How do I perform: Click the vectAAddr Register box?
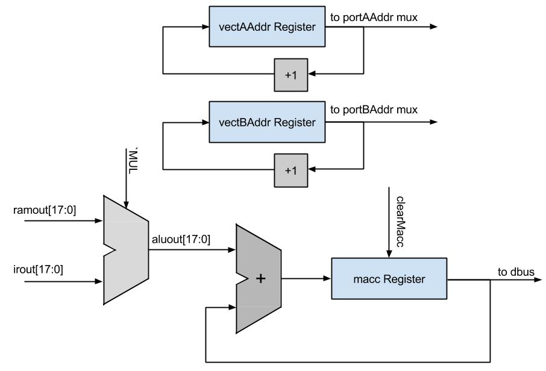267,26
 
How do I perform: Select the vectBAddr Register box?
267,122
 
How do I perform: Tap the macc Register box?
389,279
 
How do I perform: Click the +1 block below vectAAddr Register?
290,75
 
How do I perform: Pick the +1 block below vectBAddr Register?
290,170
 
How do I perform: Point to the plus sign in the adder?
260,278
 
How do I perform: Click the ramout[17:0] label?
44,210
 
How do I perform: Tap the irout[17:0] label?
38,269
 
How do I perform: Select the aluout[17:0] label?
181,240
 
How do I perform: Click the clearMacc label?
400,222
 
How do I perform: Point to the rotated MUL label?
133,161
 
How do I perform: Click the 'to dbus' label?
516,272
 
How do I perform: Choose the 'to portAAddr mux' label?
374,17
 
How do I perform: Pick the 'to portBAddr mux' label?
374,110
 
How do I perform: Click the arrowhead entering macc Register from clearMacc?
389,254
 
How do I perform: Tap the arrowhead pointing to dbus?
538,279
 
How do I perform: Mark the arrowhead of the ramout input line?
99,220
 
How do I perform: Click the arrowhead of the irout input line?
99,281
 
